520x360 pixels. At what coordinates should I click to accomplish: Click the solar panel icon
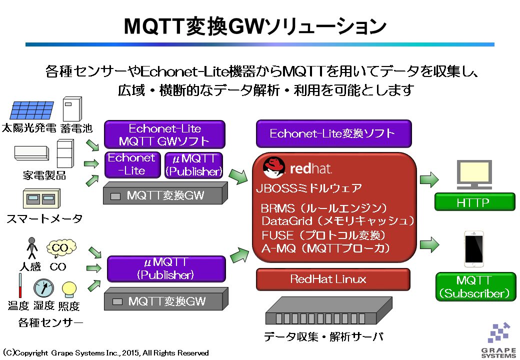coord(32,110)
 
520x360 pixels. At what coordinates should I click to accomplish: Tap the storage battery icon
coord(72,109)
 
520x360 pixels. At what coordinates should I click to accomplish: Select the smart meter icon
coord(42,198)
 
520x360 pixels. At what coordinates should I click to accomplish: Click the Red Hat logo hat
coord(274,167)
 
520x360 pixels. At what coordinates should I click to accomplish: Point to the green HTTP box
coord(475,202)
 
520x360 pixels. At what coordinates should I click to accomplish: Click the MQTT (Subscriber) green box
coord(476,286)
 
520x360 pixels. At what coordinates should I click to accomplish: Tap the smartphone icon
coord(473,249)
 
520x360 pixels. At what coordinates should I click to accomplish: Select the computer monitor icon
coord(474,174)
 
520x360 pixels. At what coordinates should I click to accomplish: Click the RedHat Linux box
coord(333,279)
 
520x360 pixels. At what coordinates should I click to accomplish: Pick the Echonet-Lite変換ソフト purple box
coord(333,133)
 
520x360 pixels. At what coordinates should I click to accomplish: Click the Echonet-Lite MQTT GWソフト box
coord(164,134)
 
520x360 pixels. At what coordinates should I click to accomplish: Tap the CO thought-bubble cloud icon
coord(61,248)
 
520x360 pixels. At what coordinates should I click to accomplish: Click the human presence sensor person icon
coord(32,248)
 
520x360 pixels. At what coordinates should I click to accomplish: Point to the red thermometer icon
coord(20,285)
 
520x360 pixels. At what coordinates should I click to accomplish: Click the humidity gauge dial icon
coord(43,287)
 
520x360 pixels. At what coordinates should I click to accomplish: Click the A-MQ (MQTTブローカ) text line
coord(325,248)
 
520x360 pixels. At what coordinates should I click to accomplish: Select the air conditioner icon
coord(32,153)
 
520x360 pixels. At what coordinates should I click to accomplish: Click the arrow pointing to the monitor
coord(429,179)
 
